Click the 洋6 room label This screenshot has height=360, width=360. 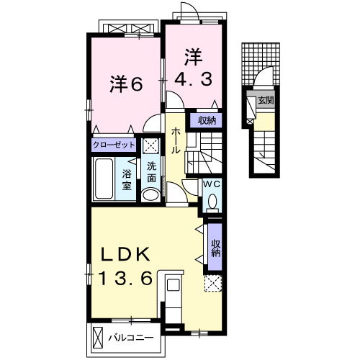[126, 84]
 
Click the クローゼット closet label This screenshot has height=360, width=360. [114, 145]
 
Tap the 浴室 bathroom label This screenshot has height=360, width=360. [127, 179]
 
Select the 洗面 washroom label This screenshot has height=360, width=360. [152, 174]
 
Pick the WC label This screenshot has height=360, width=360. [212, 184]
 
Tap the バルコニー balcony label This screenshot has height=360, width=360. [132, 336]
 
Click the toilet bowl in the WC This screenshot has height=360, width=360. [212, 203]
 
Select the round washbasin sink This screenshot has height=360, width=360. [150, 195]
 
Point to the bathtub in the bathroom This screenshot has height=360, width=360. [104, 179]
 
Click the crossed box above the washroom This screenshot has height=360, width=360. [150, 145]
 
